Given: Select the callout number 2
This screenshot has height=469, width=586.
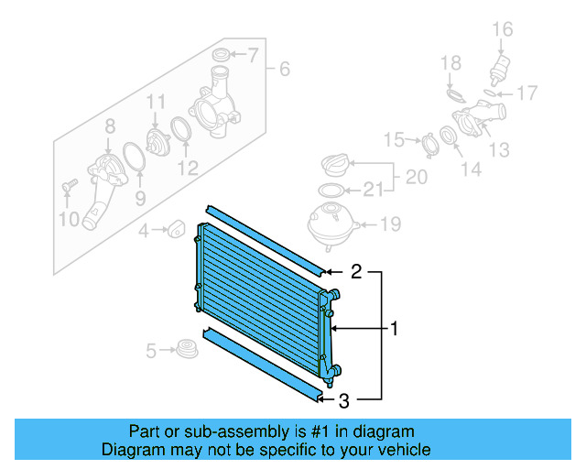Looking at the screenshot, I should pos(357,271).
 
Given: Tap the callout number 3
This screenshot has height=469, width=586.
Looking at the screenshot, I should pos(344,399).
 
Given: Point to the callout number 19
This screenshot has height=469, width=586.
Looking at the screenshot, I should pos(391,224).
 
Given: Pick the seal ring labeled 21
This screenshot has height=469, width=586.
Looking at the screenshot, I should pos(331,190).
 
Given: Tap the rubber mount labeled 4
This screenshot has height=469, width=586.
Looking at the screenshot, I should pos(174,227).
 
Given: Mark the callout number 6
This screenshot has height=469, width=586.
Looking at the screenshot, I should pos(285,70).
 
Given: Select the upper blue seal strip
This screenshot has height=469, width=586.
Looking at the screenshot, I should pos(266,240).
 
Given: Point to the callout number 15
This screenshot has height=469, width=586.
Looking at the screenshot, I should pos(393,140).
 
